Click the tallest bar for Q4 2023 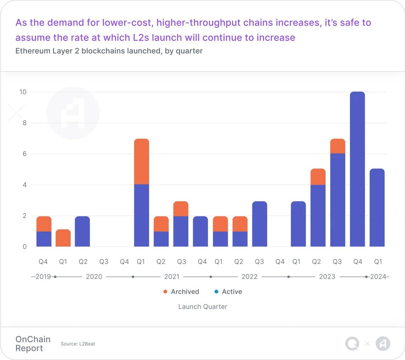pos(357,169)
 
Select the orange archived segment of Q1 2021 pos(141,161)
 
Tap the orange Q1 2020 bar pos(63,238)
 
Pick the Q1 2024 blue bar pos(377,207)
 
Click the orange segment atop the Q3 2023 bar pos(337,146)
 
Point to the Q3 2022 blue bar pos(259,224)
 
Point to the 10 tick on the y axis pos(23,92)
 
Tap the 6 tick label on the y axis pos(24,154)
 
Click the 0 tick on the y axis pos(24,247)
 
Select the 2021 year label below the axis pos(172,277)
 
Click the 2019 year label pos(44,277)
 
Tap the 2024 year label pos(378,277)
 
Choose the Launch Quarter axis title pos(203,306)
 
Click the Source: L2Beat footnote pos(78,344)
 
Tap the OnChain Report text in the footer pos(33,344)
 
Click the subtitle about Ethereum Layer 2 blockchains pos(109,51)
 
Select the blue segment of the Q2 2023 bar pos(318,216)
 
